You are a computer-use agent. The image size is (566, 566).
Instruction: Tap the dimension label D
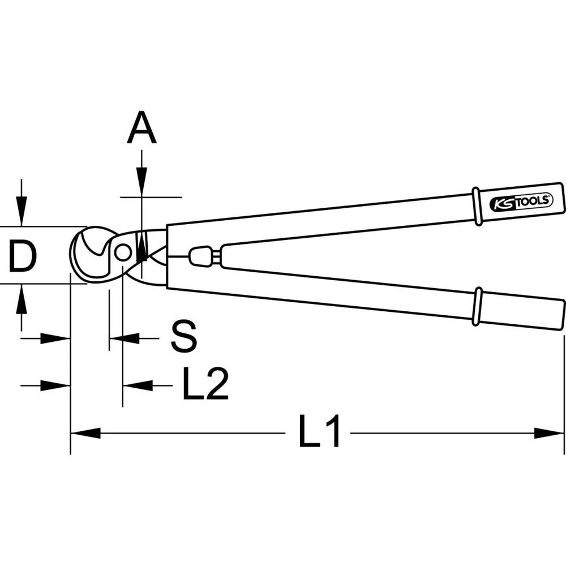[23, 256]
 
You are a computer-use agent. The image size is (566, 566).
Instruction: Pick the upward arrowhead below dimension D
[22, 298]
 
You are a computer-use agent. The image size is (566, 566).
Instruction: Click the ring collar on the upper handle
[478, 207]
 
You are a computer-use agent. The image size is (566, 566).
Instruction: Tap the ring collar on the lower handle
[478, 306]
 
